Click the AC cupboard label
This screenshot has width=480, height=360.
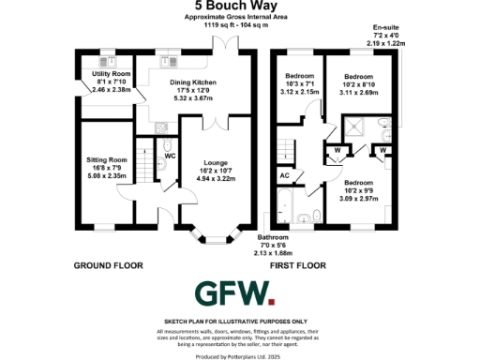point(284,174)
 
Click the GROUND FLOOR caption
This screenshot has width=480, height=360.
point(108,266)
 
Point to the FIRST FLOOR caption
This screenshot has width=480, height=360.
point(298,266)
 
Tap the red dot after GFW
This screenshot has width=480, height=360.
point(272,303)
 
